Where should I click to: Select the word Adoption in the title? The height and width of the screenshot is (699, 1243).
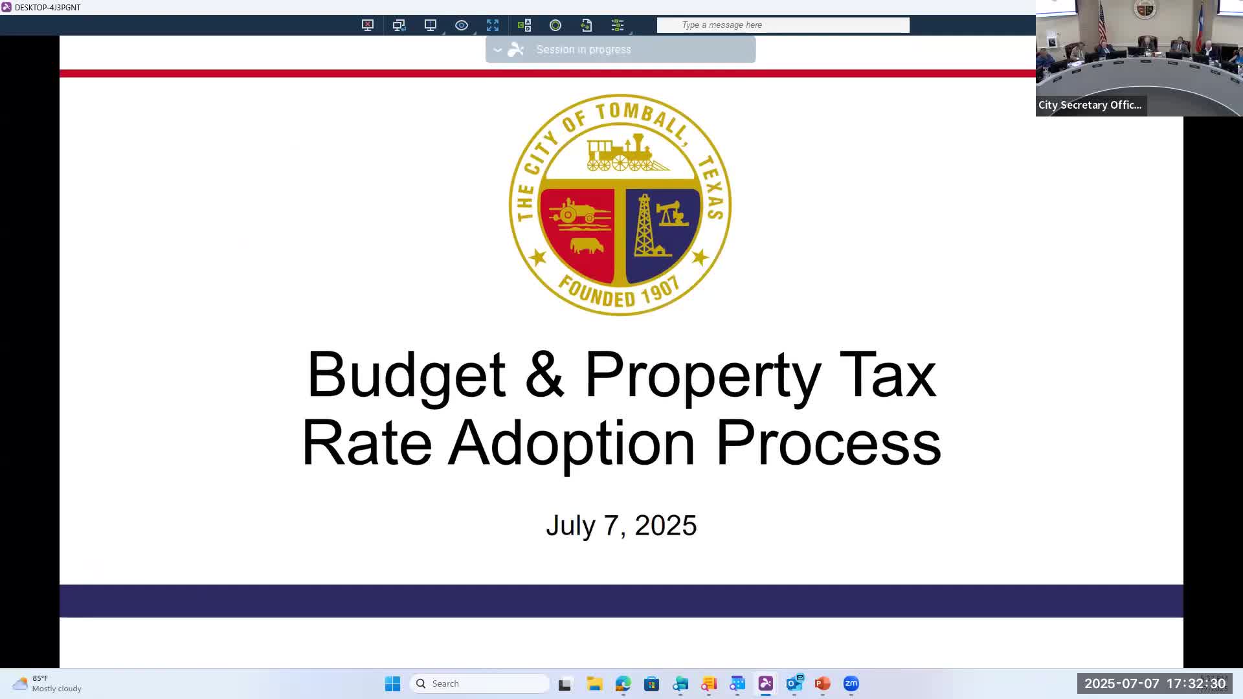click(571, 443)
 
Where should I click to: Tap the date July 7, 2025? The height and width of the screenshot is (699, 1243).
click(621, 525)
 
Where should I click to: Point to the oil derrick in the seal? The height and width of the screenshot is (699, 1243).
click(645, 227)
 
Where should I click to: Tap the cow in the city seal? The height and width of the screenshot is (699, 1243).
click(587, 246)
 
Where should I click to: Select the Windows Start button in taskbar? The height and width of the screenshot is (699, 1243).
click(392, 683)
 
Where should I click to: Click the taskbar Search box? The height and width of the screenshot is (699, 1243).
click(480, 683)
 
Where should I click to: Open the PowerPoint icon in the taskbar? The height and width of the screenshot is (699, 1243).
click(822, 683)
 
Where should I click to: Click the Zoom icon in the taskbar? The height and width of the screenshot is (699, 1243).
click(851, 683)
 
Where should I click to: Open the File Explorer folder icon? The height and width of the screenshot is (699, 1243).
click(594, 683)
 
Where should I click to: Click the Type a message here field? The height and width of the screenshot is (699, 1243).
click(783, 25)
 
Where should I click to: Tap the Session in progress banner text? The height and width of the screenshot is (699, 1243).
click(583, 50)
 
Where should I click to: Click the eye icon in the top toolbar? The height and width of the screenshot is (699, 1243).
click(462, 25)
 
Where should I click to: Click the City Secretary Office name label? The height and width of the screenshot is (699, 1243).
click(1090, 105)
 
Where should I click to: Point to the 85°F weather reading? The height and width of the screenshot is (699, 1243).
click(40, 678)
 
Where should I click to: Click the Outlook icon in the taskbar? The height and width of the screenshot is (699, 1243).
click(794, 683)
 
